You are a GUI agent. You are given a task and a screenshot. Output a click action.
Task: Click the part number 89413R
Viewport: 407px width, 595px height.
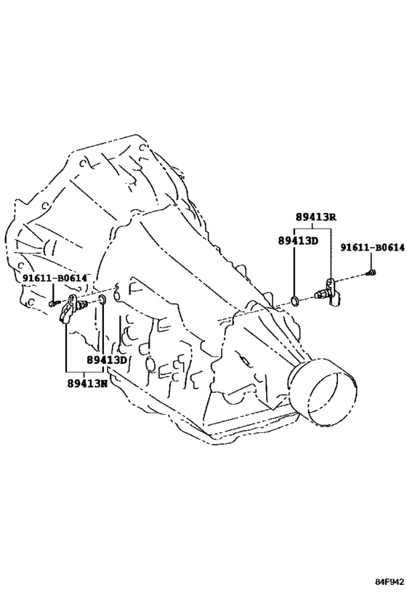pos(316,217)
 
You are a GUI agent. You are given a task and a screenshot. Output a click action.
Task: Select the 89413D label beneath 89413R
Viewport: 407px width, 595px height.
pos(298,240)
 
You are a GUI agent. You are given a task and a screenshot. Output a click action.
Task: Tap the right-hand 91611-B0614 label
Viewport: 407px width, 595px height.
pos(372,248)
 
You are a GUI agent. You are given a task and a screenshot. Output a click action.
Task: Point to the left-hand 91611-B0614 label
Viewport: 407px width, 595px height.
pos(55,278)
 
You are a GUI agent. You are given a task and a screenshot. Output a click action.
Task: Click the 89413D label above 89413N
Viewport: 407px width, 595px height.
pos(107,360)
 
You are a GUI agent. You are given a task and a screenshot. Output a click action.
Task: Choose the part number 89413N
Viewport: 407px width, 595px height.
pos(88,384)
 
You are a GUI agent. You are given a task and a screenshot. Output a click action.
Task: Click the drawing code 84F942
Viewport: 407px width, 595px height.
pos(390,582)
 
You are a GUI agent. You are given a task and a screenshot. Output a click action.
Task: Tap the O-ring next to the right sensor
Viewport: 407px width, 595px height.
pos(294,301)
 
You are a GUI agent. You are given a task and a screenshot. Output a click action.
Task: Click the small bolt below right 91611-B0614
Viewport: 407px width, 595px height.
pos(372,272)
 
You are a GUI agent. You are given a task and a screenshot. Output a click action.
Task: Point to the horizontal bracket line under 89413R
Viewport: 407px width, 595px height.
pos(313,229)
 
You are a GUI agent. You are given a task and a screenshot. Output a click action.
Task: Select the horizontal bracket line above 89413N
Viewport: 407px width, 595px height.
pos(84,371)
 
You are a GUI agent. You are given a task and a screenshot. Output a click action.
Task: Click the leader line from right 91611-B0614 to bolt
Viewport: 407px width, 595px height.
pos(371,261)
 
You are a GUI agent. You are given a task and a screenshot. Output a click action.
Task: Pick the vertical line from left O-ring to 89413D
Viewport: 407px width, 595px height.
pos(103,329)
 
